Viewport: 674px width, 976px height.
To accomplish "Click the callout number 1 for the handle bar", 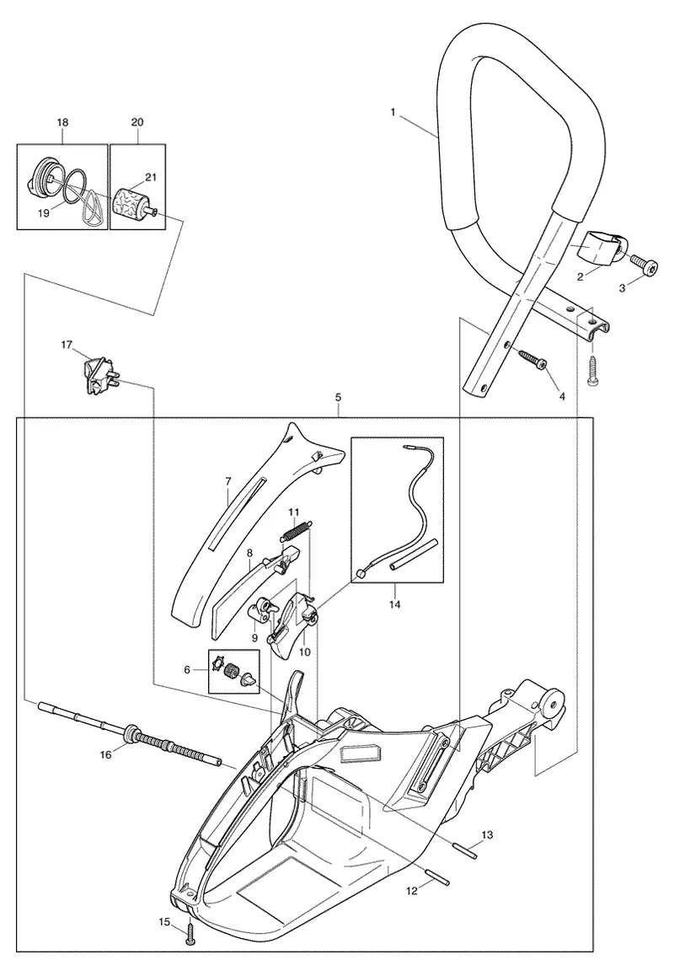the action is [393, 112].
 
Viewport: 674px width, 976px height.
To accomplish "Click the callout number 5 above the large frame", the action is [338, 396].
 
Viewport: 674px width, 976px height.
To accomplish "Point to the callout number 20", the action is [137, 122].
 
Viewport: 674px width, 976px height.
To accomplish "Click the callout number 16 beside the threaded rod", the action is [106, 755].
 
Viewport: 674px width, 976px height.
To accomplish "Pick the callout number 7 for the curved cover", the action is [228, 481].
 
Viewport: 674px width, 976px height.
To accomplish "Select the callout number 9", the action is [254, 637].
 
